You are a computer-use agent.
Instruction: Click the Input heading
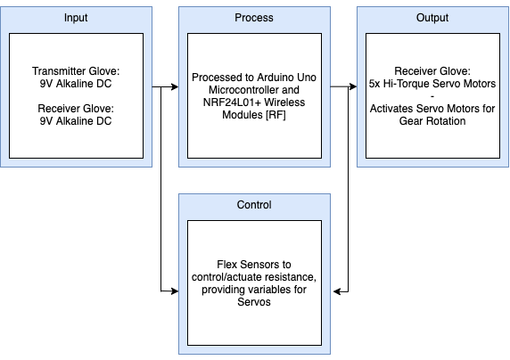click(76, 18)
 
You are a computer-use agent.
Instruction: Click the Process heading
click(254, 18)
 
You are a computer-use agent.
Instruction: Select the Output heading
click(432, 18)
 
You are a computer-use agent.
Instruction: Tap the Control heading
click(254, 205)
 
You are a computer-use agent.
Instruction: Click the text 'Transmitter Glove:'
click(76, 71)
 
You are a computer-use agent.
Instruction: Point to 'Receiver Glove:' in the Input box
click(76, 109)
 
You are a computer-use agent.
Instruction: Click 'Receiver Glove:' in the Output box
click(432, 71)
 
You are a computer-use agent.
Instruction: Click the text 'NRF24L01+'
click(232, 102)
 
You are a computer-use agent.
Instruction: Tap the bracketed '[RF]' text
click(276, 115)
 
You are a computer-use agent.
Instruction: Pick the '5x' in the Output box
click(374, 84)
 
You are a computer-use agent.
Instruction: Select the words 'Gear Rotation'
click(432, 121)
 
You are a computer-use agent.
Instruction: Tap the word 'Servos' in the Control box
click(254, 302)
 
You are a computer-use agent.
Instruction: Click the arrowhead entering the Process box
click(175, 86)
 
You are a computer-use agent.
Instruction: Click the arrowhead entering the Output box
click(353, 86)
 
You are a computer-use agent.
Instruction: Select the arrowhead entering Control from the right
click(337, 291)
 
